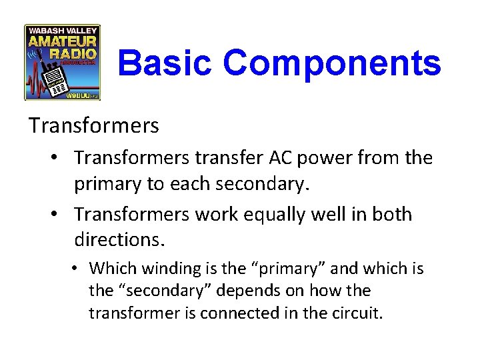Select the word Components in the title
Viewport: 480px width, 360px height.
(332, 64)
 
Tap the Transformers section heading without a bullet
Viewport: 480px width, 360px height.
(94, 125)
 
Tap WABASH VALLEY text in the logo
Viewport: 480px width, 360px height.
(62, 30)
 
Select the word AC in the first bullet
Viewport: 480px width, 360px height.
(281, 158)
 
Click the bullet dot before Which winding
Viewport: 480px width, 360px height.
(77, 269)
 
